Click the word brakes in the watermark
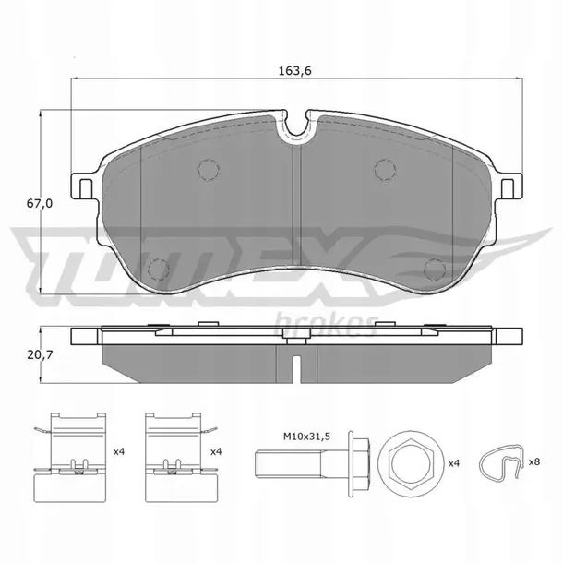pos(326,324)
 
